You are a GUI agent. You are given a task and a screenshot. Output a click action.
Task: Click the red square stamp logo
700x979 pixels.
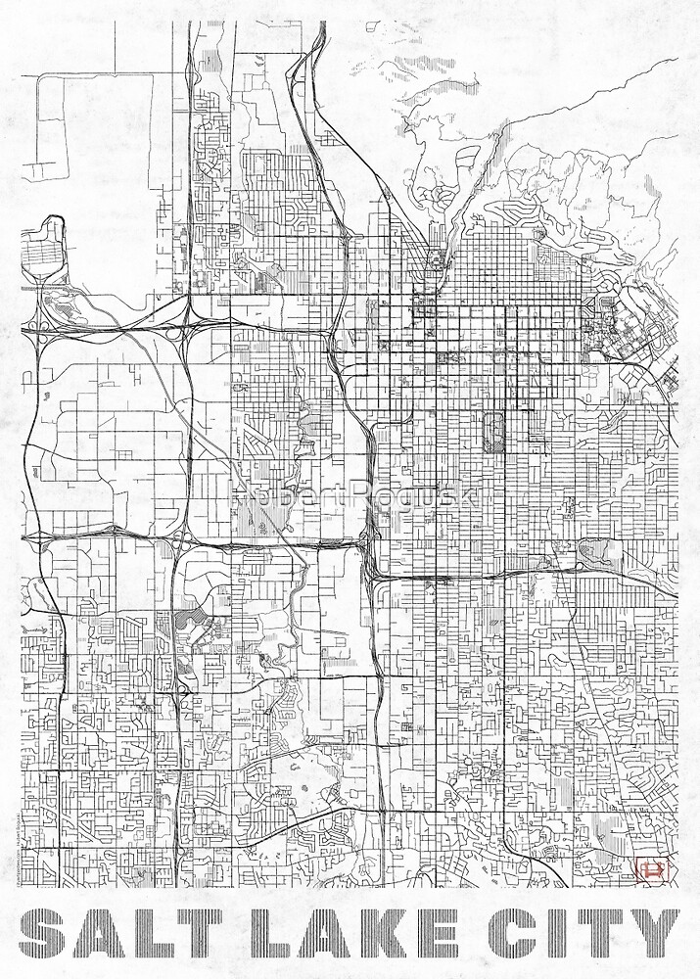point(650,868)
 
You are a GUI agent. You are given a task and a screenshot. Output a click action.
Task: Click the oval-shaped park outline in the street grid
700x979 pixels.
point(494,432)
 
